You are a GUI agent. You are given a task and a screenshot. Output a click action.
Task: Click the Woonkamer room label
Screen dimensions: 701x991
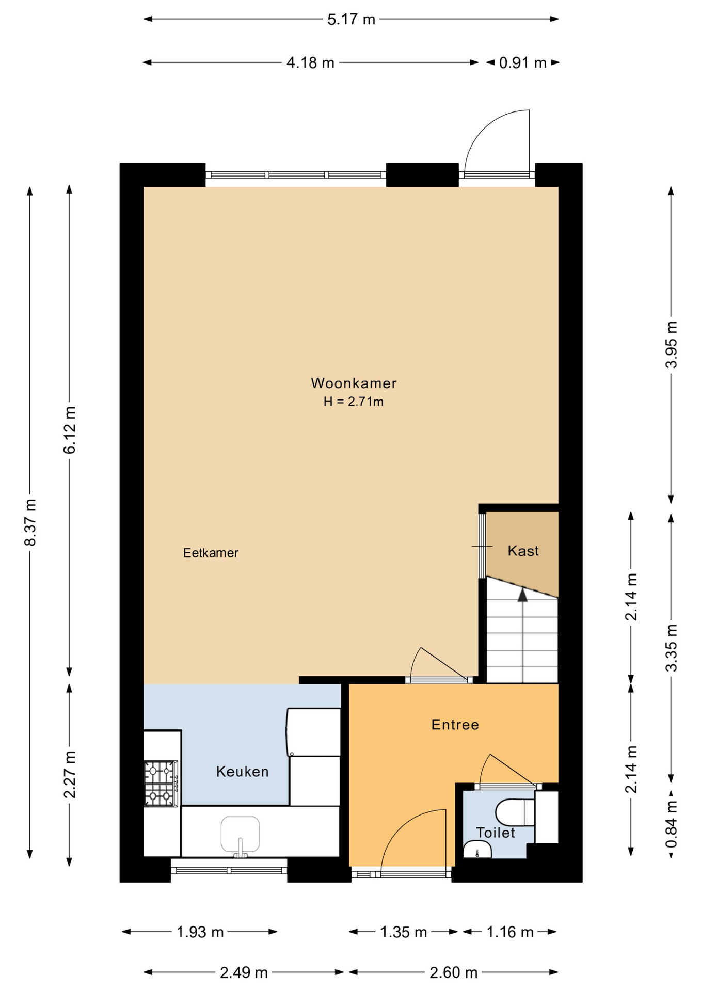coord(354,383)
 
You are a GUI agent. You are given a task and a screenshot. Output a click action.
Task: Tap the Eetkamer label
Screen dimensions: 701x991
coord(211,553)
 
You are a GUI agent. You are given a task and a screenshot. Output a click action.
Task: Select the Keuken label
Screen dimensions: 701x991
coord(242,772)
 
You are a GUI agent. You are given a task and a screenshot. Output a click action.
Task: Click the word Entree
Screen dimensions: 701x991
coord(455,725)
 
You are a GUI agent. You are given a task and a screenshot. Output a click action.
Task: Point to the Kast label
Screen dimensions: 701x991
coord(523,551)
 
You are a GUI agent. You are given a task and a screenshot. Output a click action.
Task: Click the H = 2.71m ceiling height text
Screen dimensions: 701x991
coord(354,402)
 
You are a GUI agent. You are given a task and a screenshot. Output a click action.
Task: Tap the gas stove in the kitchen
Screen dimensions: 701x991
coord(161,783)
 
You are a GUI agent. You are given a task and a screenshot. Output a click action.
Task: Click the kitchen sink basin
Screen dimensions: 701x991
coord(240,834)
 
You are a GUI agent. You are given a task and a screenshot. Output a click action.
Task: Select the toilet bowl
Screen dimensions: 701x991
coord(515,812)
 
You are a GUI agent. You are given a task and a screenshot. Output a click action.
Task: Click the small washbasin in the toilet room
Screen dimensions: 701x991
coord(477,849)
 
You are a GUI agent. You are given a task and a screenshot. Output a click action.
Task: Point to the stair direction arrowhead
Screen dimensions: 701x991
coord(523,595)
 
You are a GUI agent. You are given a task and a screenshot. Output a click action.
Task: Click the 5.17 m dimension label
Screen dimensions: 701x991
coord(351,20)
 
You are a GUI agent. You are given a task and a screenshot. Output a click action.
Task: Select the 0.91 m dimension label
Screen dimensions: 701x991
coord(522,63)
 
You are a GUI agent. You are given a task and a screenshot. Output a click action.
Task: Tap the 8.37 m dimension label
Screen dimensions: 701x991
coord(30,522)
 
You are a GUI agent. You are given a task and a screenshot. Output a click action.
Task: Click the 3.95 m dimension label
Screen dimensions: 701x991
coord(671,344)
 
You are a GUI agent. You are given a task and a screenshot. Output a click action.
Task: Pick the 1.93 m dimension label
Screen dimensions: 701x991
coord(200,932)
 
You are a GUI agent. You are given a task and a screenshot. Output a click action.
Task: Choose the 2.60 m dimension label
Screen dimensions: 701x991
coord(453,972)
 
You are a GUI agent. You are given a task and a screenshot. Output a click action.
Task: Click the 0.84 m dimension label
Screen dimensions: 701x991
coord(671,824)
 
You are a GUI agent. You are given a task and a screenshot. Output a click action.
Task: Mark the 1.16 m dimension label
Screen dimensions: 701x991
coord(510,932)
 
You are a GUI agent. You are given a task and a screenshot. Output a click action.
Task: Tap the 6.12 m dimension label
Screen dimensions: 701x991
coord(70,430)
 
